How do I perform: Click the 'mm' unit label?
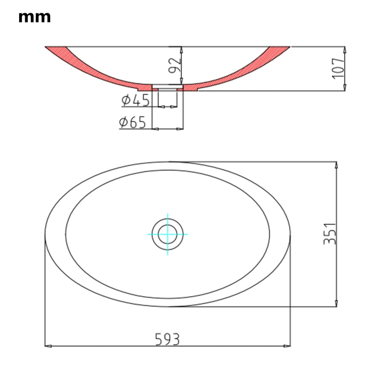pyautogui.click(x=34, y=17)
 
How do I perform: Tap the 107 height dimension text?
pyautogui.click(x=338, y=68)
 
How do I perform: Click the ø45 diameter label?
pyautogui.click(x=135, y=100)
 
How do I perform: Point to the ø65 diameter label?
pyautogui.click(x=132, y=122)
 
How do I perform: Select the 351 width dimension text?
pyautogui.click(x=330, y=234)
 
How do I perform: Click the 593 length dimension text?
pyautogui.click(x=167, y=339)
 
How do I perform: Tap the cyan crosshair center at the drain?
pyautogui.click(x=168, y=234)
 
